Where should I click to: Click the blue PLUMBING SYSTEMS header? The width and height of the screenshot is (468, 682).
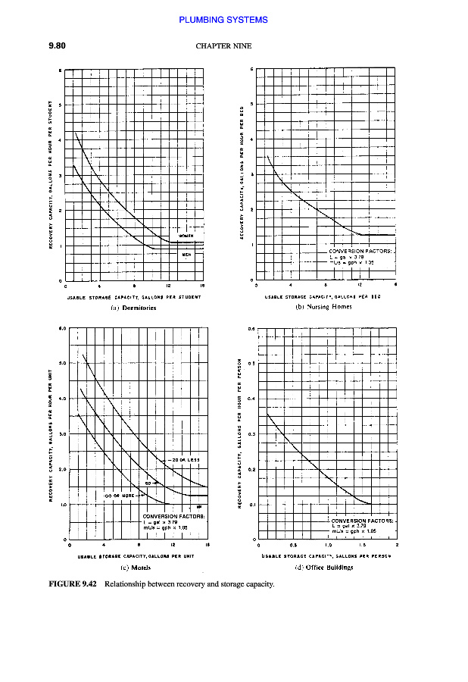223,20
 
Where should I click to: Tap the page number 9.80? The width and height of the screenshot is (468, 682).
58,45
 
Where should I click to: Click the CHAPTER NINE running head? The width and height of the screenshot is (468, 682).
223,45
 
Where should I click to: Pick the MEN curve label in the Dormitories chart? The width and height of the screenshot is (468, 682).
186,255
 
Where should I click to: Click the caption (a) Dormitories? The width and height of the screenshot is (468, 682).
133,308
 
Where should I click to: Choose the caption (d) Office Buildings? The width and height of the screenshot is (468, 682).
324,567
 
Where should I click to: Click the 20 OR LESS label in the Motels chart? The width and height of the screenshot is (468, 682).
183,461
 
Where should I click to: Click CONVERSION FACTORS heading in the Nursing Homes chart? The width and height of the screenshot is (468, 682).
360,251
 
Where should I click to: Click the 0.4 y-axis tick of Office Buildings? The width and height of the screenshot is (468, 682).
251,398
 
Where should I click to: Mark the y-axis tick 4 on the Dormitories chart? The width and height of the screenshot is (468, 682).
60,139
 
